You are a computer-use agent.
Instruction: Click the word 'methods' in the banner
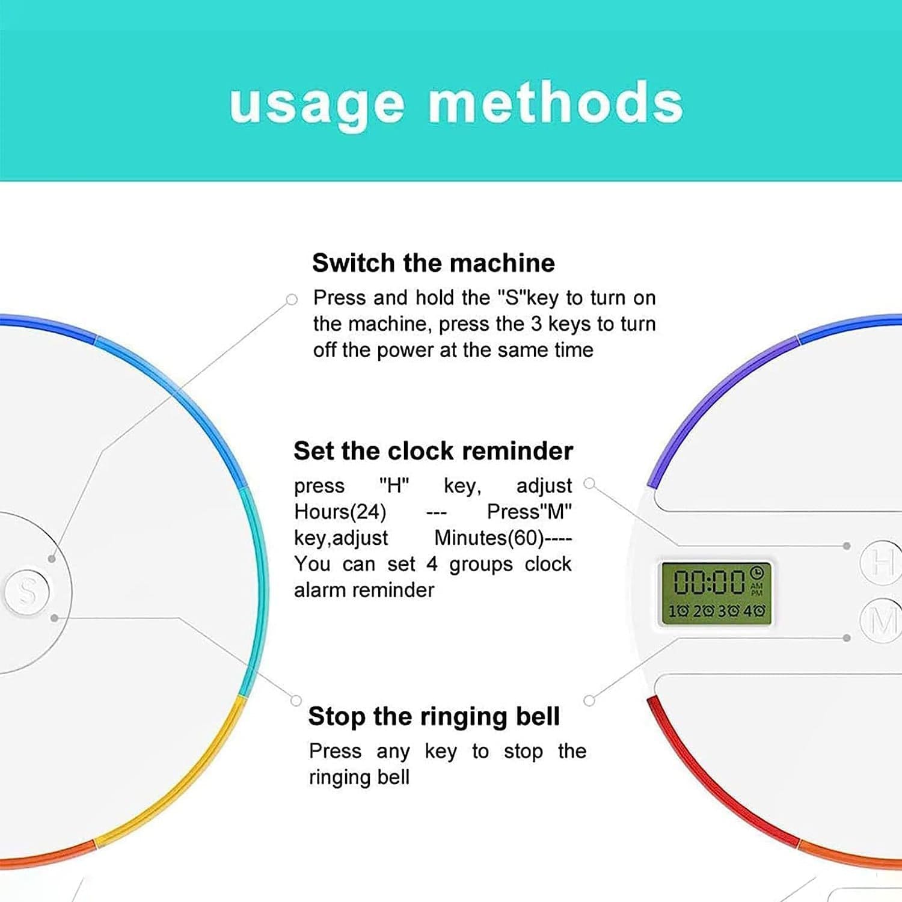coord(556,102)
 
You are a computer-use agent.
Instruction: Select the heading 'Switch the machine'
coord(434,263)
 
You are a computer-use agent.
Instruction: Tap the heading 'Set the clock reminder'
coord(433,451)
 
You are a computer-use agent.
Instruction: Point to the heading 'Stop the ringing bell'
coord(434,717)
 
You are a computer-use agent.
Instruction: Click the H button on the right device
coord(881,563)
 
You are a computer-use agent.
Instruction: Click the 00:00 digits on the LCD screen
coord(710,582)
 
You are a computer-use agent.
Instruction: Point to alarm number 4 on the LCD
coord(755,612)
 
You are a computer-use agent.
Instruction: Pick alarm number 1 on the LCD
coord(679,612)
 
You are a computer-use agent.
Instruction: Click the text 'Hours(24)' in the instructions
coord(340,512)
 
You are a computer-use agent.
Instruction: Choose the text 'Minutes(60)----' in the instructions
coord(503,538)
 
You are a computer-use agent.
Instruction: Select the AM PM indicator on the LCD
coord(757,589)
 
